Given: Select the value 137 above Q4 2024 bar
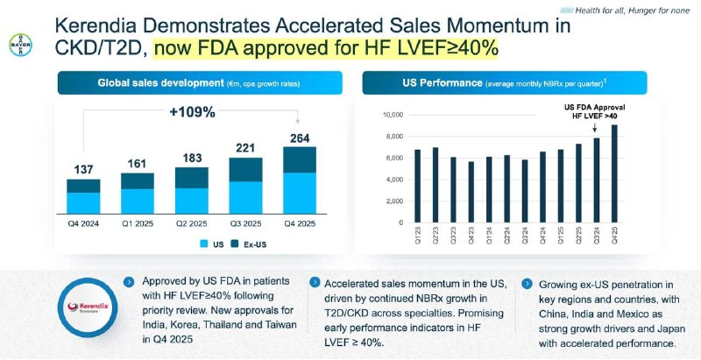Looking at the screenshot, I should click(83, 168).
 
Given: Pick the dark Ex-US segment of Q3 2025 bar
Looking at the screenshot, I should click(245, 169).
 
